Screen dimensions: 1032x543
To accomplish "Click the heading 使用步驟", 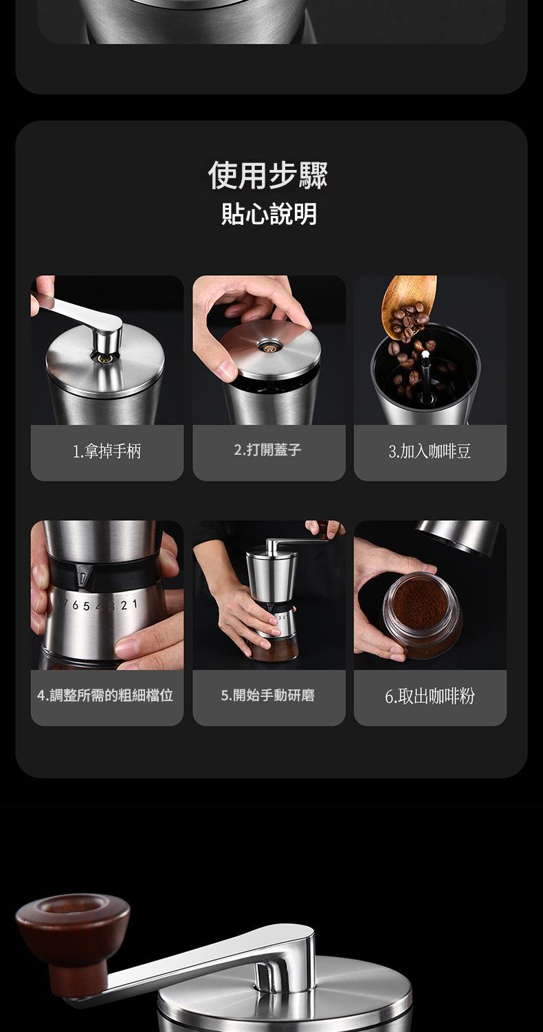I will [269, 175].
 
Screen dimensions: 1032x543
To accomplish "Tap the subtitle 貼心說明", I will [269, 214].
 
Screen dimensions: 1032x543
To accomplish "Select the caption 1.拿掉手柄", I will [107, 452].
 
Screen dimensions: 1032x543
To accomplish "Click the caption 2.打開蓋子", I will [267, 450].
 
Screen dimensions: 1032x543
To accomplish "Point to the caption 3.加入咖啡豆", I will [430, 452].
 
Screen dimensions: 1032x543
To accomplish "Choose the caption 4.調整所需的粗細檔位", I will [106, 696].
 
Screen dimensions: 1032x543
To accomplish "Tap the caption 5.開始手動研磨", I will [267, 696].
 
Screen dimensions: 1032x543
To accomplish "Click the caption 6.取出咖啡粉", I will [430, 696].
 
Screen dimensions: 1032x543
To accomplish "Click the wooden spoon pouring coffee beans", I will [408, 303].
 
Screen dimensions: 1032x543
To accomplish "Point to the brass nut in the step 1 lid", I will [105, 358].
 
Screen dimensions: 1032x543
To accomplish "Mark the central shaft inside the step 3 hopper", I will [425, 375].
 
